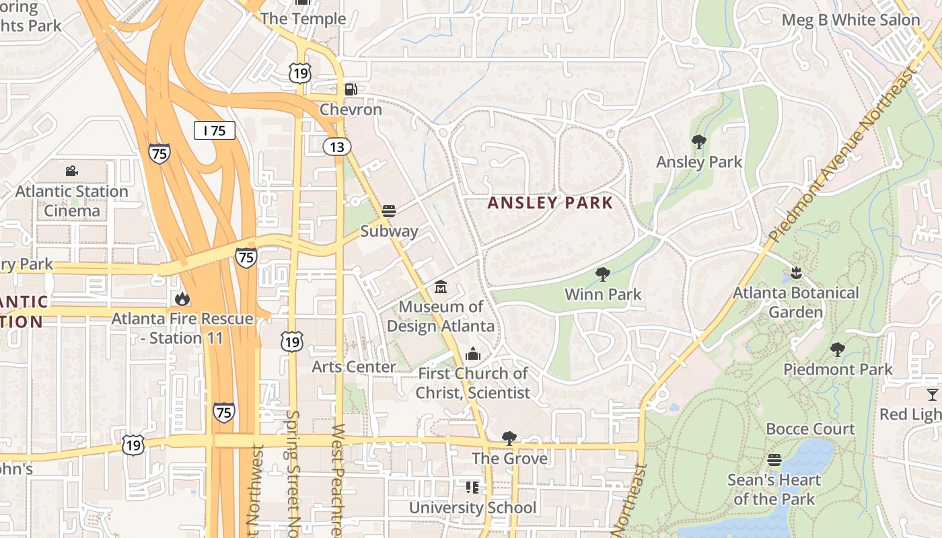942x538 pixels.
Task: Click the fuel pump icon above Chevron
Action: (351, 89)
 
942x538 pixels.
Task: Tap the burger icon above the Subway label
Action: (388, 211)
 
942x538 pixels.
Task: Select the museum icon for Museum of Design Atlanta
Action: (441, 287)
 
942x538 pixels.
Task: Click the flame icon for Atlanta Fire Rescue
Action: (182, 299)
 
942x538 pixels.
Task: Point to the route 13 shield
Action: (337, 147)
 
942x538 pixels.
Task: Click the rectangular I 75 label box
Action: (215, 130)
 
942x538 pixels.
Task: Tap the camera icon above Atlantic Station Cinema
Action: (71, 171)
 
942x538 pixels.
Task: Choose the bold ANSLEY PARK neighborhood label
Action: (550, 203)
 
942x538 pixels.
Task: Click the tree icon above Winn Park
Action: (602, 274)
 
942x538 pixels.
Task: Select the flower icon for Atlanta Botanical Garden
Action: (796, 273)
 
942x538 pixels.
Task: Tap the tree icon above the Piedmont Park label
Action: (837, 350)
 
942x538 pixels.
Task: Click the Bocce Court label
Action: (810, 429)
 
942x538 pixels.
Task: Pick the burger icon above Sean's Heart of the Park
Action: (774, 460)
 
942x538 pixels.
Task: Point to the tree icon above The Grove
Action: (509, 438)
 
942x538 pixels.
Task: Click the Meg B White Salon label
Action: (850, 20)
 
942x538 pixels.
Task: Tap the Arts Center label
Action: (354, 367)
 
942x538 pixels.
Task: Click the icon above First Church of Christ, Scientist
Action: (473, 354)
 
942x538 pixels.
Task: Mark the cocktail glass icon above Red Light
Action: (932, 394)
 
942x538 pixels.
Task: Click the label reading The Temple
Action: (303, 19)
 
